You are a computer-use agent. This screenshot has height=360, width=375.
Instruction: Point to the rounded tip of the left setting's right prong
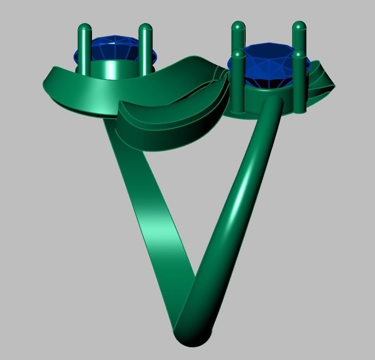[x=145, y=28]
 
